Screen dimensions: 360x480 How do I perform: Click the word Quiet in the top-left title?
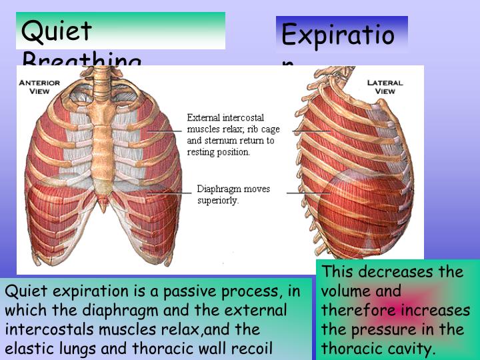point(57,31)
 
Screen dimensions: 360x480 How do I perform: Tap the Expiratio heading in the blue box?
point(338,35)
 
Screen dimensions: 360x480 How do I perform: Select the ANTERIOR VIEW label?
point(39,87)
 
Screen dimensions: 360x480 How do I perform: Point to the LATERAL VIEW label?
point(385,87)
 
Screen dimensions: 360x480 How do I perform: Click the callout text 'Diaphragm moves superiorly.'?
point(233,194)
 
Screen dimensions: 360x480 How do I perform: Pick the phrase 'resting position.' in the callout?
point(219,152)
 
